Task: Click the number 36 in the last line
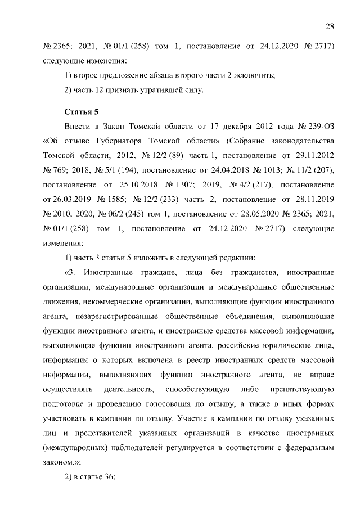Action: click(x=107, y=477)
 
